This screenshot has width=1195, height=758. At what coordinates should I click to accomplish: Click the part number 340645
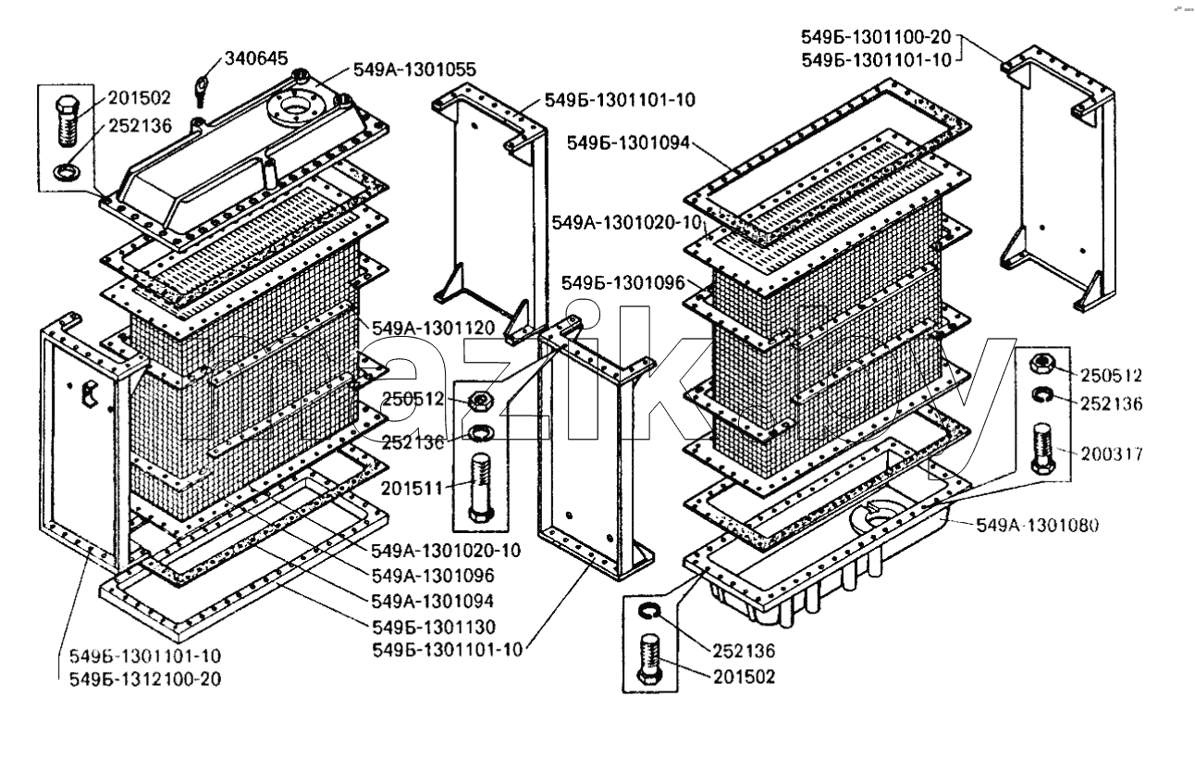256,58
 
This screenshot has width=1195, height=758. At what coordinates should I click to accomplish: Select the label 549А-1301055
414,70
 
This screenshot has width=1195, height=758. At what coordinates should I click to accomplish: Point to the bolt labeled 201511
481,487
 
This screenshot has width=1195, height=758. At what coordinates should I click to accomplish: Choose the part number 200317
1112,454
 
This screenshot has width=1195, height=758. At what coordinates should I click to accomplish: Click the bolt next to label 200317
1043,448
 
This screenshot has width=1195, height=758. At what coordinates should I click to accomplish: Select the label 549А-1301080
1037,526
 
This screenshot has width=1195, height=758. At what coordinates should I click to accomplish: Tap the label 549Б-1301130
434,627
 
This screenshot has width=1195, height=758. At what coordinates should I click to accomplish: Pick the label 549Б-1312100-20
145,679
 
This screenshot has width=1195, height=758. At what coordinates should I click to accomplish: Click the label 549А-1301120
433,328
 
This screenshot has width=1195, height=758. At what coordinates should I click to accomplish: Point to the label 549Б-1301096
622,283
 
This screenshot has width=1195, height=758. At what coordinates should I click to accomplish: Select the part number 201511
412,489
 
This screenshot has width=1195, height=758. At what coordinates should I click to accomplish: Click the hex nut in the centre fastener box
480,401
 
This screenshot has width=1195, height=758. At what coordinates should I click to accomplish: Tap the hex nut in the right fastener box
1041,364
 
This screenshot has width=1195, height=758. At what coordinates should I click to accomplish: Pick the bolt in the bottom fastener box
649,658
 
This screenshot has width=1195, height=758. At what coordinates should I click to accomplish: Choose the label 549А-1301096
433,576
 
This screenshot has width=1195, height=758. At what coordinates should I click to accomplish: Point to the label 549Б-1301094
628,143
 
